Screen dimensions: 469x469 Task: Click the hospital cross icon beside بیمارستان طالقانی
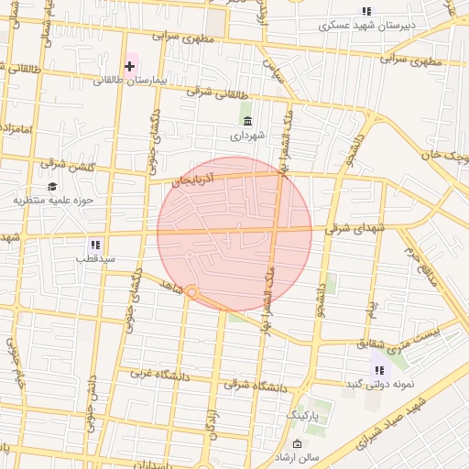pos(130,66)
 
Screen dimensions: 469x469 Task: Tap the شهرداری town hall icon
pos(247,121)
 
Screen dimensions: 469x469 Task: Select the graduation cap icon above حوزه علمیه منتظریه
pos(52,187)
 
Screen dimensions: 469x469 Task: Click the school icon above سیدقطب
pos(95,245)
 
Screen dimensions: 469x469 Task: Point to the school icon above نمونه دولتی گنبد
pos(377,370)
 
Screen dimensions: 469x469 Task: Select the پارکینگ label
pos(305,415)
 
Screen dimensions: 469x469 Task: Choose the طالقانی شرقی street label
pos(217,93)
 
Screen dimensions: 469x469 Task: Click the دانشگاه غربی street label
pos(163,374)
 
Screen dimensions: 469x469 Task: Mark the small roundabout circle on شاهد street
pos(192,291)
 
